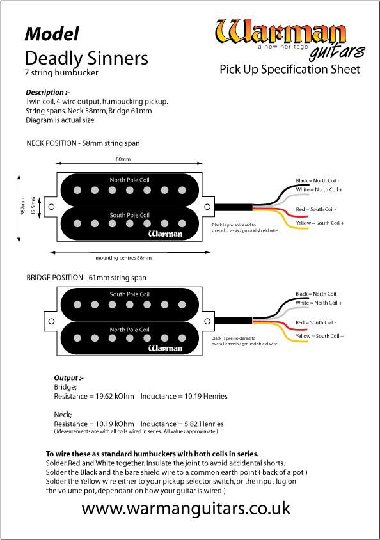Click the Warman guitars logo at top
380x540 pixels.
[290, 38]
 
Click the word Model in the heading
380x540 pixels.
[52, 34]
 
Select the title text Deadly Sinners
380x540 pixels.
[86, 58]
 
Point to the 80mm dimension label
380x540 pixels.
[123, 159]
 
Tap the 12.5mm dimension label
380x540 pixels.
[33, 206]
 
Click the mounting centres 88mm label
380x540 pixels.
[123, 258]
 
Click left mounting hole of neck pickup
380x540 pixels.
[52, 207]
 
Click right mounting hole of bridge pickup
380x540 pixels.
[207, 321]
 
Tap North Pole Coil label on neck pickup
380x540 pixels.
[129, 180]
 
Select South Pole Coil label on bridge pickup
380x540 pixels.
[129, 294]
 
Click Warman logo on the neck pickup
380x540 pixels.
[165, 234]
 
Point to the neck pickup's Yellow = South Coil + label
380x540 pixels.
[320, 223]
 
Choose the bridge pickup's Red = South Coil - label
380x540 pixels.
[315, 322]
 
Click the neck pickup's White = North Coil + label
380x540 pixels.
[319, 189]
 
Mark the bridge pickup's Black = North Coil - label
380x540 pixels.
[317, 294]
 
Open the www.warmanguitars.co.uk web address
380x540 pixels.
[186, 508]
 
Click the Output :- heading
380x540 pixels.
[69, 377]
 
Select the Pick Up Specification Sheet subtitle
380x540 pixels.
[290, 69]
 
